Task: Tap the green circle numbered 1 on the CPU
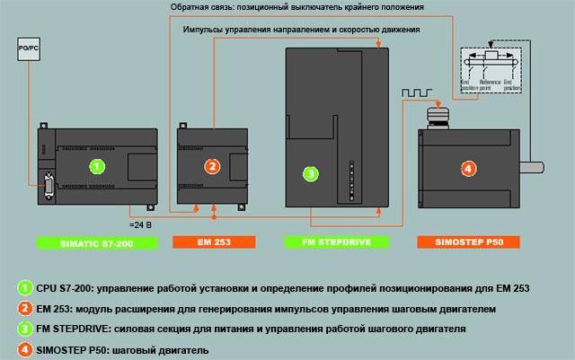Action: tap(98, 165)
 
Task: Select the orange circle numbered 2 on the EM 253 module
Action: tap(211, 166)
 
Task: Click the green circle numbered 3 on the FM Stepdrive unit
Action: tap(310, 173)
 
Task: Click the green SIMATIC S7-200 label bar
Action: tap(97, 242)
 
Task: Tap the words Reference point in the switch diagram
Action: tap(489, 85)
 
